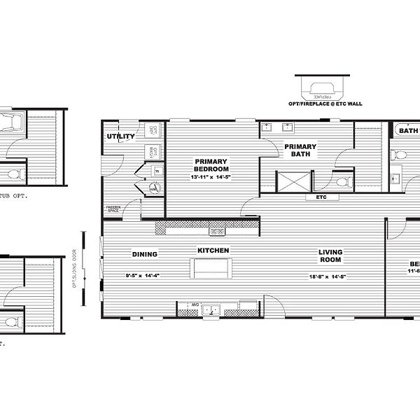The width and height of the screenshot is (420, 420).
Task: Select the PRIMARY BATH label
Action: pyautogui.click(x=300, y=150)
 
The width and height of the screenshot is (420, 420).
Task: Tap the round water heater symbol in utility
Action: pyautogui.click(x=154, y=186)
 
